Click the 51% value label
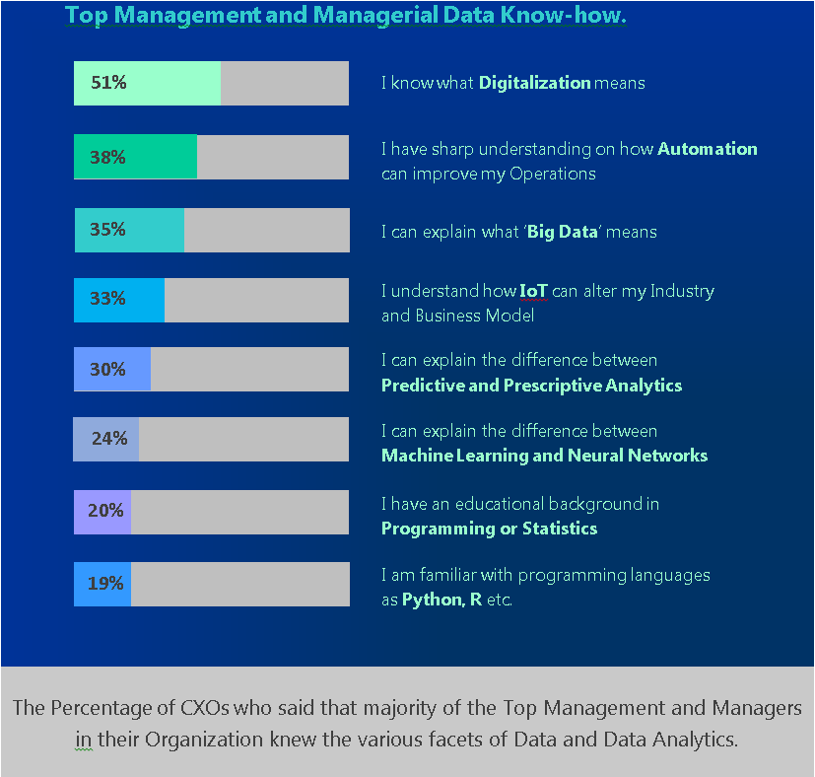pyautogui.click(x=108, y=83)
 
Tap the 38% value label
pyautogui.click(x=107, y=157)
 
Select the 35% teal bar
pyautogui.click(x=129, y=230)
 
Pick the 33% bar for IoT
pyautogui.click(x=119, y=300)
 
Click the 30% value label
pyautogui.click(x=107, y=370)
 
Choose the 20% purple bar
pyautogui.click(x=102, y=512)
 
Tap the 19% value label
pyautogui.click(x=105, y=584)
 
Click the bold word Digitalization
pyautogui.click(x=534, y=83)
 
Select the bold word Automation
pyautogui.click(x=707, y=149)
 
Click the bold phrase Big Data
pyautogui.click(x=563, y=233)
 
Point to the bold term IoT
pyautogui.click(x=533, y=291)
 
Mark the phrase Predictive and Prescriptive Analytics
pyautogui.click(x=531, y=386)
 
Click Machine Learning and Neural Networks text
pyautogui.click(x=544, y=456)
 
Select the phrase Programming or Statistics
pyautogui.click(x=489, y=529)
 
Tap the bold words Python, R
pyautogui.click(x=441, y=600)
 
